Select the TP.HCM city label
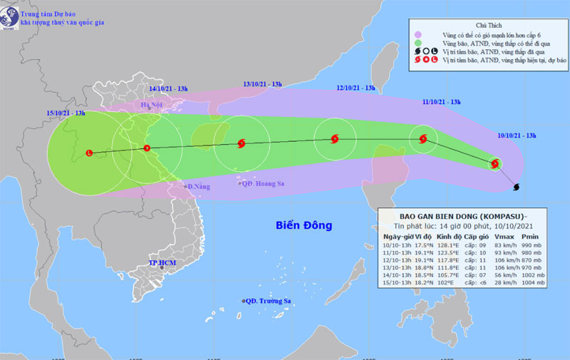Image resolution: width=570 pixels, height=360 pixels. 161,262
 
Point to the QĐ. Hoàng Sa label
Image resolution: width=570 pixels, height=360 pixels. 263,183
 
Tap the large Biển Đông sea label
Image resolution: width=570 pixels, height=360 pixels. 304,226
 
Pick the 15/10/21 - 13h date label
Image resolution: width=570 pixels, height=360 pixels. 66,113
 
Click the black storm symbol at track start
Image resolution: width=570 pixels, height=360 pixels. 516,187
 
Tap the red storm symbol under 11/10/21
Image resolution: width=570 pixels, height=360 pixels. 424,140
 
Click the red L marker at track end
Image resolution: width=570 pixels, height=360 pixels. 89,153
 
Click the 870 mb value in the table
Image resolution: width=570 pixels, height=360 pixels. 532,259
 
